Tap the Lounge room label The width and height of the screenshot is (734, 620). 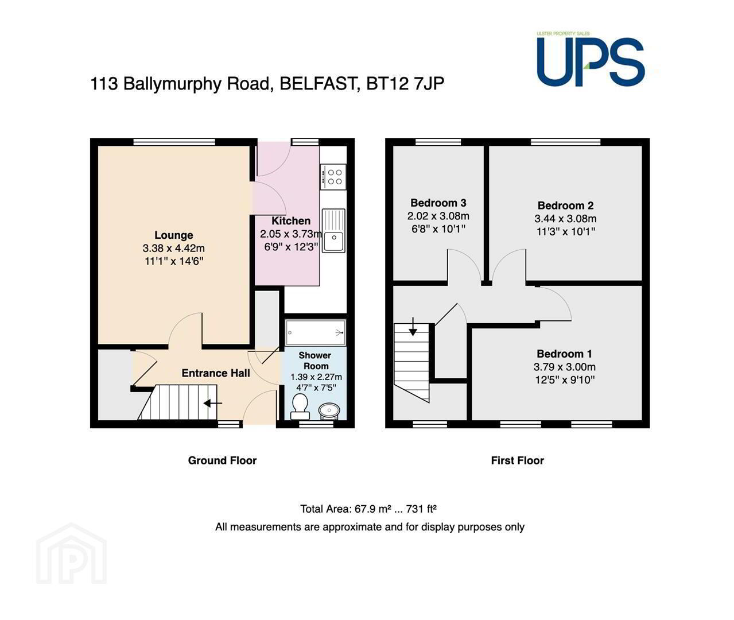pos(174,235)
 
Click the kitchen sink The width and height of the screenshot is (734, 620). pos(333,231)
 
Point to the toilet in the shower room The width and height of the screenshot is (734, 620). pos(300,407)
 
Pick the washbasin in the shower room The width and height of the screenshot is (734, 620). pos(329,411)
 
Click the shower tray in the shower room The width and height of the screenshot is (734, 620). pos(315,332)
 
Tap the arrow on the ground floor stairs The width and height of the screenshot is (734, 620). pos(213,403)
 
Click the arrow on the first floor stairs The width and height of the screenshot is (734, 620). pos(413,326)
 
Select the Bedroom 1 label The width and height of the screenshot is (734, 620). pos(564,354)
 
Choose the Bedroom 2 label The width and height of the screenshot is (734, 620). pos(566,206)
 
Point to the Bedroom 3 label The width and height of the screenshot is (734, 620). pos(438,203)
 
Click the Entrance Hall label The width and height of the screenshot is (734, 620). pos(216,373)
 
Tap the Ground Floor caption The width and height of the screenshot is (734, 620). pos(222,460)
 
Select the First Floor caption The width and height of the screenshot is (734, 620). pos(518,460)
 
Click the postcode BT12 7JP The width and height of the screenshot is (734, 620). pos(405,84)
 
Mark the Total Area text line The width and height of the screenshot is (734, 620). pos(368,509)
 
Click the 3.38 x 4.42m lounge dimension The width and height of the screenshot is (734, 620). pos(174,248)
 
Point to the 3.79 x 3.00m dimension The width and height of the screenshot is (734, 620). pos(565,367)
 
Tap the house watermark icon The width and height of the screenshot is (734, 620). pos(71,553)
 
